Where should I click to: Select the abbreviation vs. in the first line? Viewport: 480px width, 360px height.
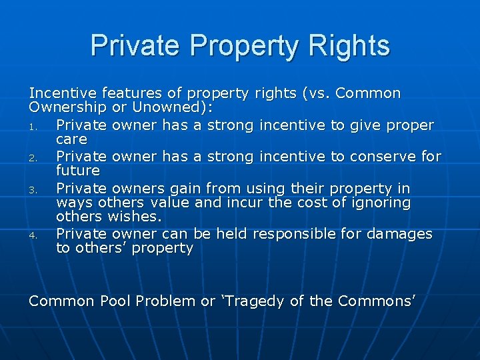pos(317,93)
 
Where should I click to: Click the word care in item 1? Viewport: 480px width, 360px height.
pos(71,139)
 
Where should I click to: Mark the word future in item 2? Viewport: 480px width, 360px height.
pos(78,171)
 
